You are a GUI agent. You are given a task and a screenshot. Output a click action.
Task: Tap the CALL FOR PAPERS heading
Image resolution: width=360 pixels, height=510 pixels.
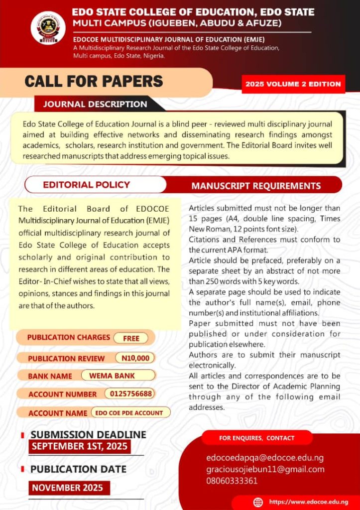pyautogui.click(x=94, y=81)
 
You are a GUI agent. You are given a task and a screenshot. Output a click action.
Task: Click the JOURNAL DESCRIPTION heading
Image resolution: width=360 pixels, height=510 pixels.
pyautogui.click(x=95, y=104)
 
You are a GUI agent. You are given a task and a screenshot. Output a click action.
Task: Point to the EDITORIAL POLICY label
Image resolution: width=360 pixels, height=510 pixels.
pyautogui.click(x=86, y=185)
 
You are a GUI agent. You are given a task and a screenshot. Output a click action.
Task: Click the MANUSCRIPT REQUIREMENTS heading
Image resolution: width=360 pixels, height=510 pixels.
pyautogui.click(x=256, y=186)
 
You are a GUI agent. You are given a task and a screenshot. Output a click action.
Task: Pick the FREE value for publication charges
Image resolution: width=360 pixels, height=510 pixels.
pyautogui.click(x=131, y=338)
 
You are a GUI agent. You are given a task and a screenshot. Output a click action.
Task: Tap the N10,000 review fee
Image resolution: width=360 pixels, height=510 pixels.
pyautogui.click(x=135, y=358)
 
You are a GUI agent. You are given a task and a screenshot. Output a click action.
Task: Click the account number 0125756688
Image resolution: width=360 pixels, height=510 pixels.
pyautogui.click(x=129, y=393)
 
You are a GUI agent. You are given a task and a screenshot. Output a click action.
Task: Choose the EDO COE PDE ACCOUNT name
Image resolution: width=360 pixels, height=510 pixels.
pyautogui.click(x=129, y=413)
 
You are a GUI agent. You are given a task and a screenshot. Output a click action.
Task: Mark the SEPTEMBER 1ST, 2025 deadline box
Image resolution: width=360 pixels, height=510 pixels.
pyautogui.click(x=80, y=446)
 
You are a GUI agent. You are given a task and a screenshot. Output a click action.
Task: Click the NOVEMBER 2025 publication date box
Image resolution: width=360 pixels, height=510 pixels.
pyautogui.click(x=67, y=488)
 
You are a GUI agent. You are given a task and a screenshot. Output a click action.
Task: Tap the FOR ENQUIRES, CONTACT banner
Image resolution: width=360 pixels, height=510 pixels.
pyautogui.click(x=257, y=438)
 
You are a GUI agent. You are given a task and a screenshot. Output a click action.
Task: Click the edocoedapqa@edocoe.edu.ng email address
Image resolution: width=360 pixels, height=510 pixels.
pyautogui.click(x=265, y=457)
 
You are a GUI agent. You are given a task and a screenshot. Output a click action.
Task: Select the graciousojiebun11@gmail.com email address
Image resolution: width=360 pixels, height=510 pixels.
pyautogui.click(x=265, y=469)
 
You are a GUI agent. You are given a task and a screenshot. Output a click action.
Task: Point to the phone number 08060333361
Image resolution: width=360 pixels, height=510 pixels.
pyautogui.click(x=232, y=481)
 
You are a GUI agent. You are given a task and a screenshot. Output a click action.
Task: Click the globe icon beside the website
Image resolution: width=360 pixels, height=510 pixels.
pyautogui.click(x=258, y=502)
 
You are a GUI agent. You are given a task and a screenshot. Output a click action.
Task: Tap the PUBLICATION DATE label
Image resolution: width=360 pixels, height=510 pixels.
pyautogui.click(x=79, y=469)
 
